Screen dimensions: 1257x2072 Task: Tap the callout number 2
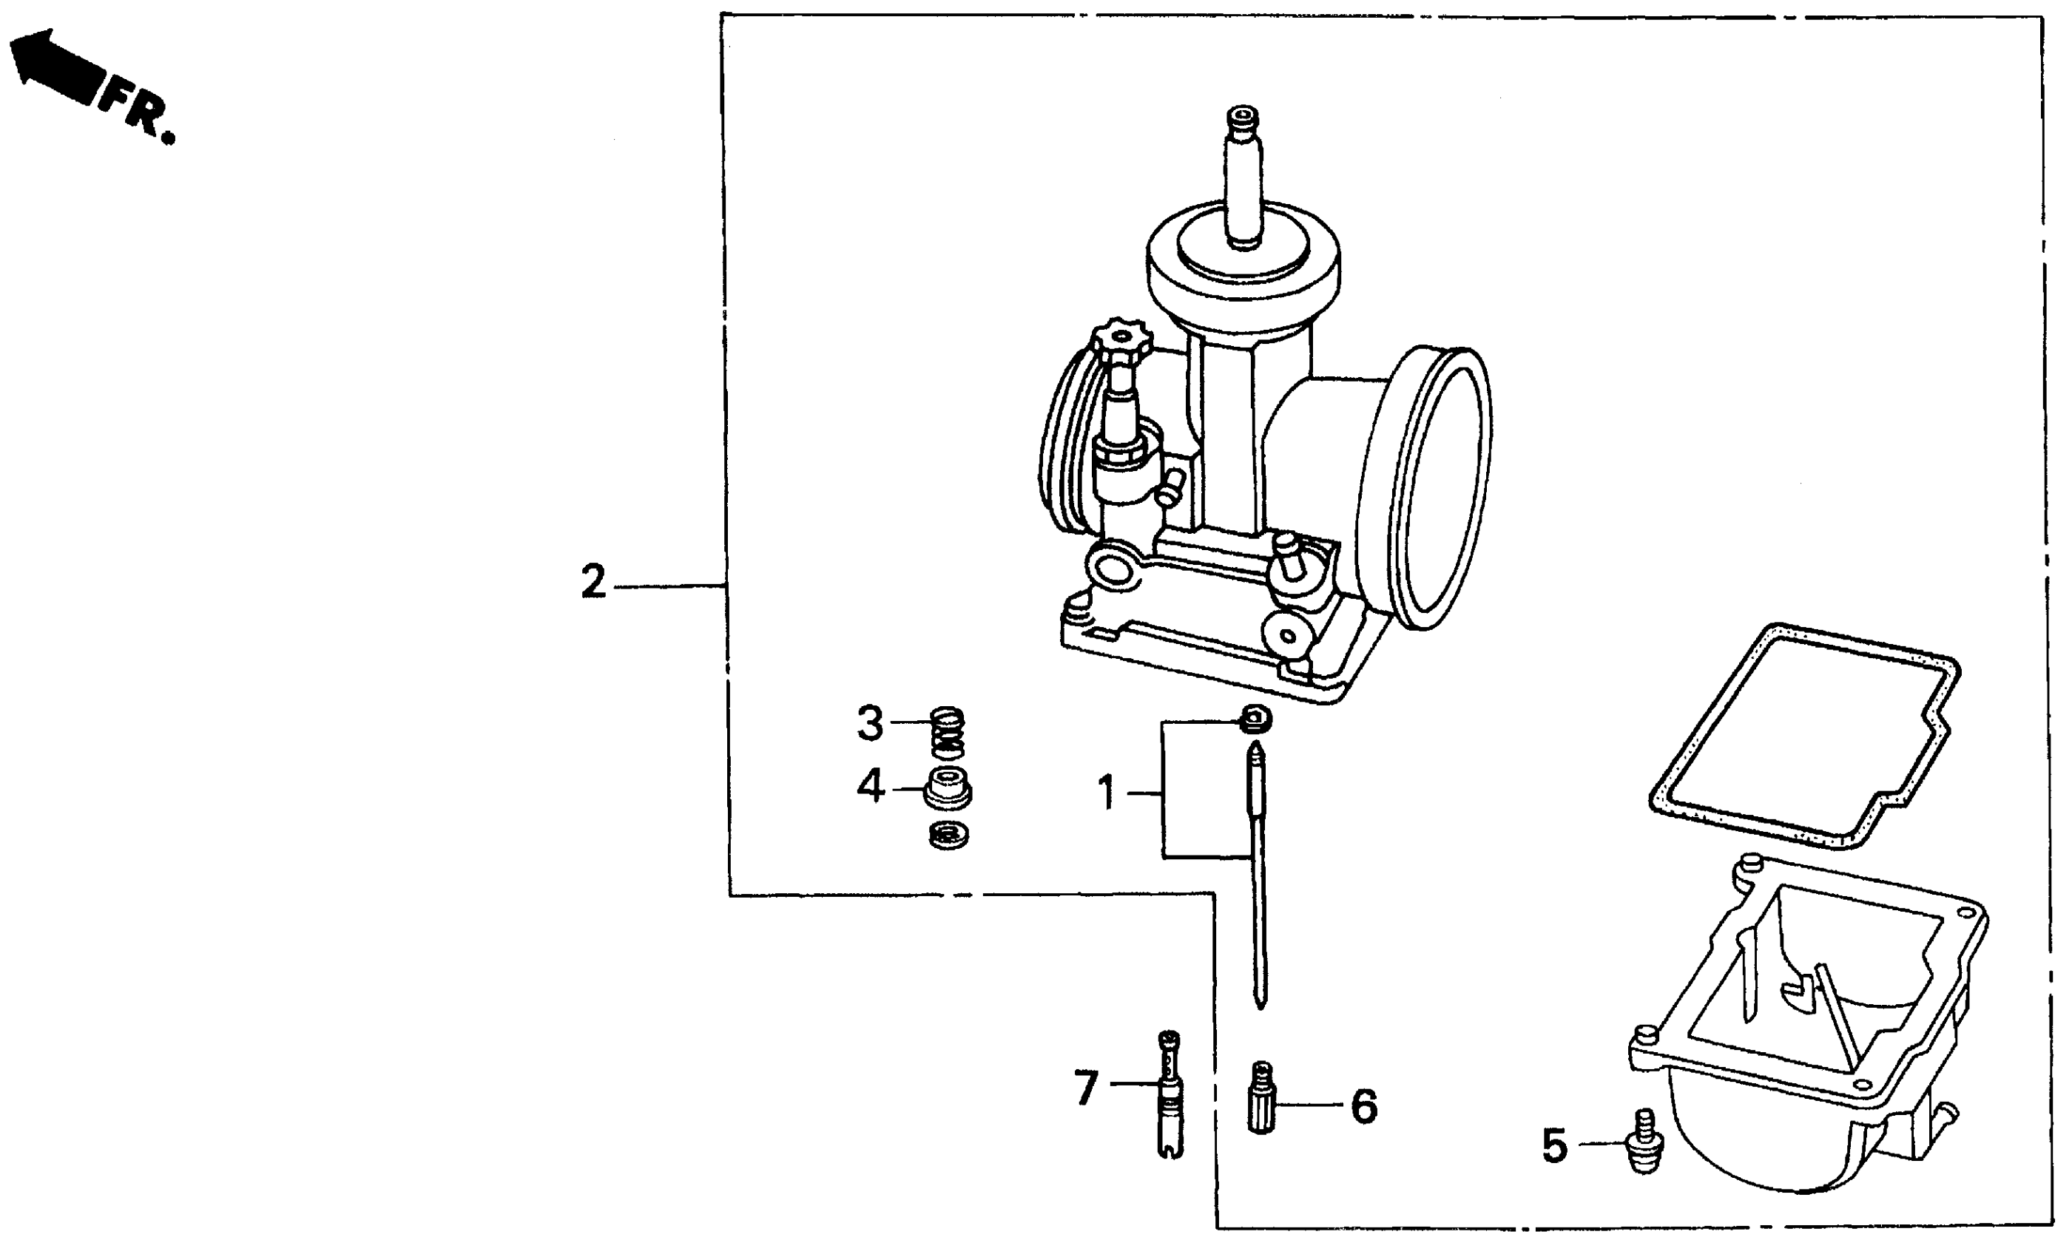[x=593, y=582]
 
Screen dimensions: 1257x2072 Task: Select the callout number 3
[x=871, y=723]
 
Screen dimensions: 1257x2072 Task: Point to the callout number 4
[x=871, y=787]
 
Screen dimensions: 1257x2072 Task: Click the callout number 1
[x=1107, y=793]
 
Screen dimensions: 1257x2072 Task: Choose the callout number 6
[x=1364, y=1106]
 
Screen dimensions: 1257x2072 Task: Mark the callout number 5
[x=1555, y=1146]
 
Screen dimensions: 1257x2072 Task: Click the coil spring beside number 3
[x=948, y=731]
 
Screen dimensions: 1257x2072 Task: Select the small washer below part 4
[x=948, y=835]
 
